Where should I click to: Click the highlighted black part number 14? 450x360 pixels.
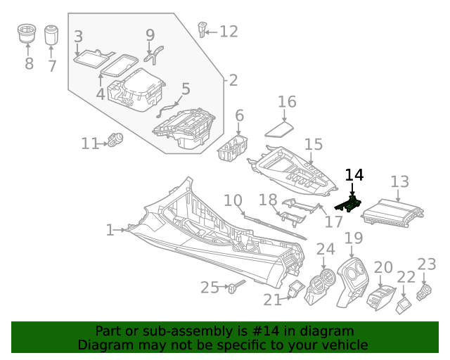[354, 175]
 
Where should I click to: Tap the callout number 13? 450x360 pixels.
[399, 182]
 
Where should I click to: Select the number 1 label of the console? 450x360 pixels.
[110, 230]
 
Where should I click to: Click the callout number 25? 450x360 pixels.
[210, 287]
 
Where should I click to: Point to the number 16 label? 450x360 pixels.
[287, 102]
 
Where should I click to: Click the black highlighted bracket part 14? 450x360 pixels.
[349, 205]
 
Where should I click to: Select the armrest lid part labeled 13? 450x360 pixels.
[399, 212]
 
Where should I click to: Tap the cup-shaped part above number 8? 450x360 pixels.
[28, 34]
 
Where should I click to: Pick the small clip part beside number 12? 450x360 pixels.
[203, 30]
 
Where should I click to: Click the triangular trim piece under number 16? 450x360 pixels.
[281, 129]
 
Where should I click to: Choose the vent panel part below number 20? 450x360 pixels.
[380, 295]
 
